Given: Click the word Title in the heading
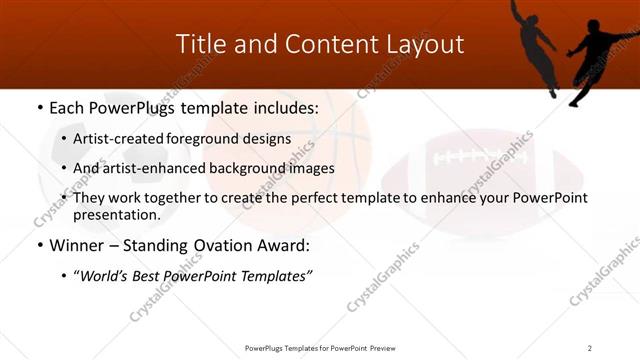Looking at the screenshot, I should click(198, 44).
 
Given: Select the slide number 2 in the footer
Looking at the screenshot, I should click(590, 348).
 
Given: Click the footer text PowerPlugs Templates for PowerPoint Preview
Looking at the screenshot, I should click(319, 348).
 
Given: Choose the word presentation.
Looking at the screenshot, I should click(116, 214).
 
